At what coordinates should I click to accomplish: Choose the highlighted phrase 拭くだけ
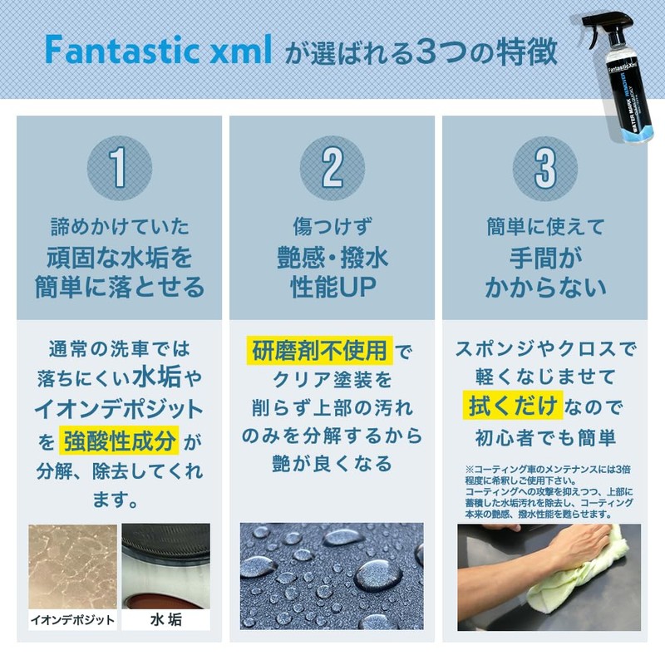pyautogui.click(x=510, y=407)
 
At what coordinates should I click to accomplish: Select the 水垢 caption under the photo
pyautogui.click(x=165, y=620)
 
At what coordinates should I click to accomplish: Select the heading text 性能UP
pyautogui.click(x=332, y=288)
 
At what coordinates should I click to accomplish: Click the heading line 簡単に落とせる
pyautogui.click(x=120, y=288)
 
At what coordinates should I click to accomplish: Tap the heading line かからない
pyautogui.click(x=544, y=288)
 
